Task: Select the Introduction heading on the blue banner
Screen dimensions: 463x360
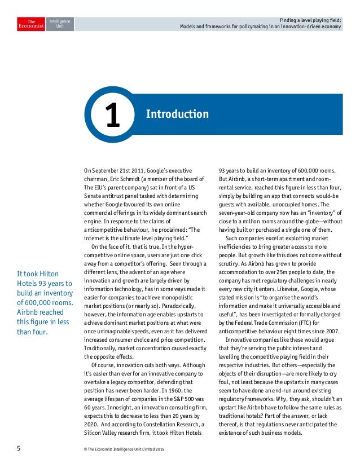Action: click(177, 115)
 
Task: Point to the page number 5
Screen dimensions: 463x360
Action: click(18, 449)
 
